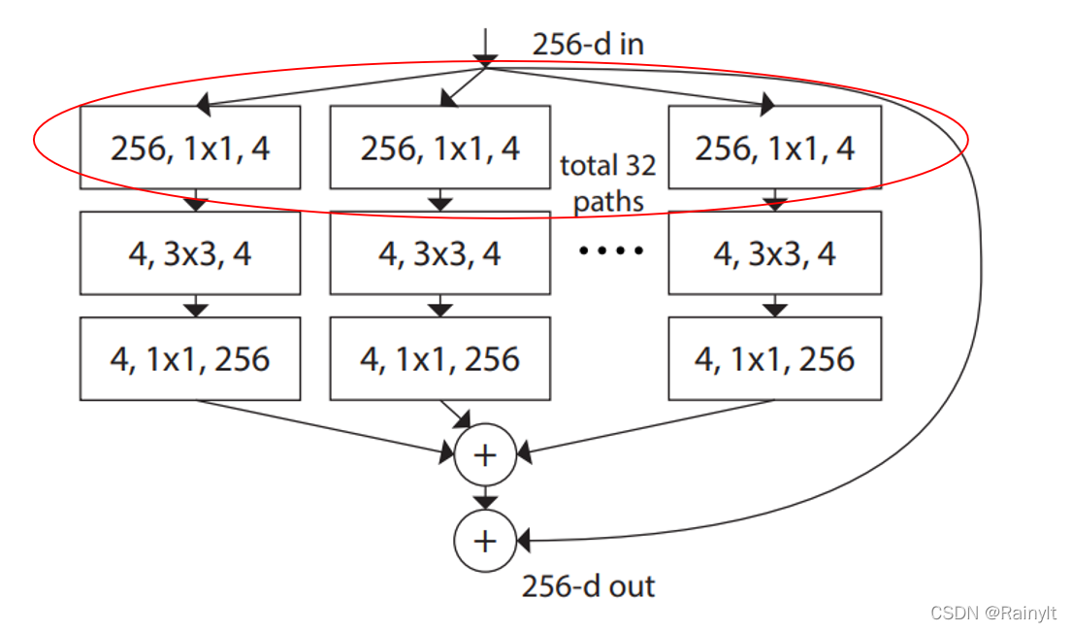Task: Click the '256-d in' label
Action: tap(587, 45)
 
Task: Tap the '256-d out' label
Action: tap(588, 586)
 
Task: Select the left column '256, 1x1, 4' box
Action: tap(190, 149)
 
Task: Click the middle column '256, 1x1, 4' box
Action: tap(440, 149)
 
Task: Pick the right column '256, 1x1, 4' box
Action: tap(774, 149)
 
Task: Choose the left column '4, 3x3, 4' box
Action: tap(190, 253)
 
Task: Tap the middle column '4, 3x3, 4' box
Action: tap(440, 253)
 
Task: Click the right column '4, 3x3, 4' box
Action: tap(774, 253)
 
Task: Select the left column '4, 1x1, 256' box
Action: tap(190, 359)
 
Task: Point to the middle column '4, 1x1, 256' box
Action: tap(440, 359)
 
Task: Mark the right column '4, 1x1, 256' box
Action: tap(774, 359)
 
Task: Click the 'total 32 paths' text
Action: tap(608, 183)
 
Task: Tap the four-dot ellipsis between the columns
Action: tap(610, 251)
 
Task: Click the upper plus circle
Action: tap(484, 453)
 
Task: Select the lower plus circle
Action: tap(484, 540)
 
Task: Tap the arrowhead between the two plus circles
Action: tap(484, 502)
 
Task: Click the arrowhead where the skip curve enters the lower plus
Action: tap(523, 540)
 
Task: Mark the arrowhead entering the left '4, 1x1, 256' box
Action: tap(196, 310)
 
